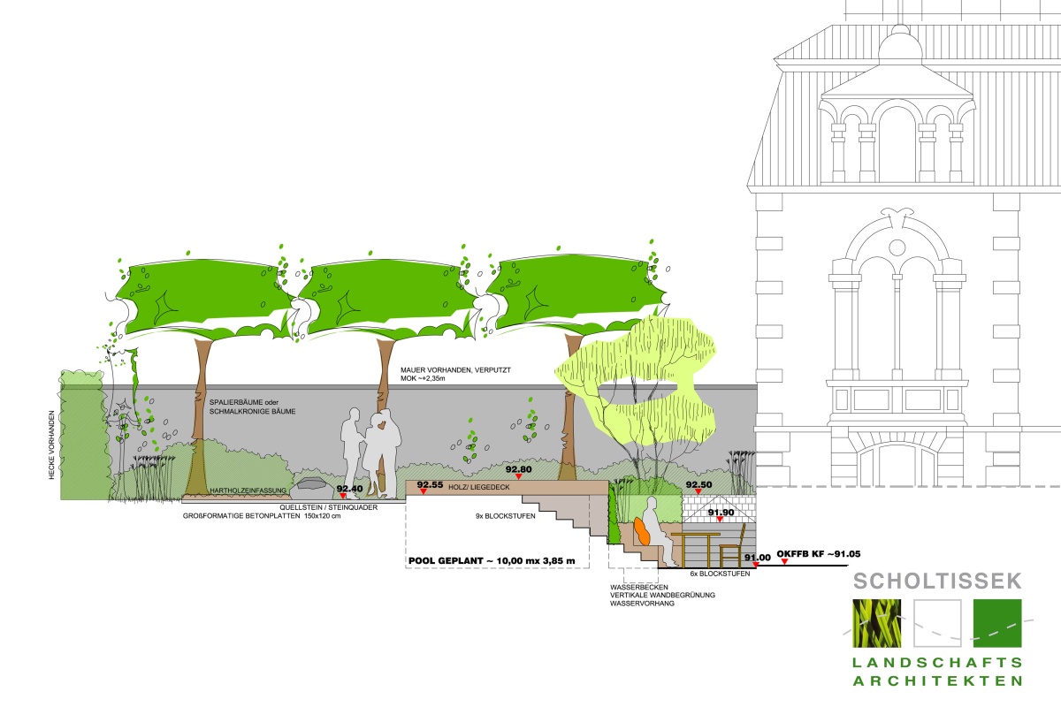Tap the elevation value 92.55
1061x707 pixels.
[x=429, y=485]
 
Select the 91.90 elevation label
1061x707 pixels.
[x=721, y=512]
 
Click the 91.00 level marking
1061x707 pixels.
[x=757, y=558]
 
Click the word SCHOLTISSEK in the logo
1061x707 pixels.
[x=937, y=582]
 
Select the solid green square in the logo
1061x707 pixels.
[x=996, y=631]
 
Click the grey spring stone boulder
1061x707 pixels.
[x=311, y=483]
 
